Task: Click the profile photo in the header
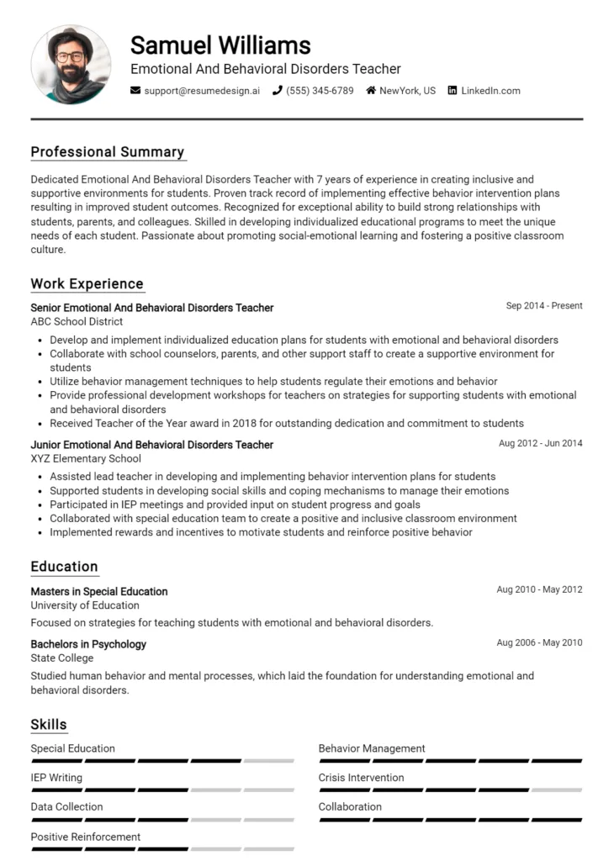(71, 64)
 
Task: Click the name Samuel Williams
(220, 45)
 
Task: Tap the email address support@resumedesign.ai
(202, 91)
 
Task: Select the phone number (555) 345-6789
(320, 91)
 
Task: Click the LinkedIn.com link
(490, 91)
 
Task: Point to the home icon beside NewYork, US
(371, 91)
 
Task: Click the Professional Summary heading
(107, 152)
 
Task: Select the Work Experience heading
(87, 284)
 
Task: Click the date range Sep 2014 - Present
(543, 306)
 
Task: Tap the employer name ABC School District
(77, 322)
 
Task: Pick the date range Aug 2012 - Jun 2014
(540, 443)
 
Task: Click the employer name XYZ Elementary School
(86, 459)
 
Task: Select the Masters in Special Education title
(99, 591)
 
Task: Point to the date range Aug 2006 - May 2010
(539, 643)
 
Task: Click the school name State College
(61, 659)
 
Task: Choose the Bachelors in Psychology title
(88, 644)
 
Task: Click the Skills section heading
(49, 725)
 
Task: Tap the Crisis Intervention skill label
(361, 778)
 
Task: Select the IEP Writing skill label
(56, 778)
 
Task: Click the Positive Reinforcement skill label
(85, 837)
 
